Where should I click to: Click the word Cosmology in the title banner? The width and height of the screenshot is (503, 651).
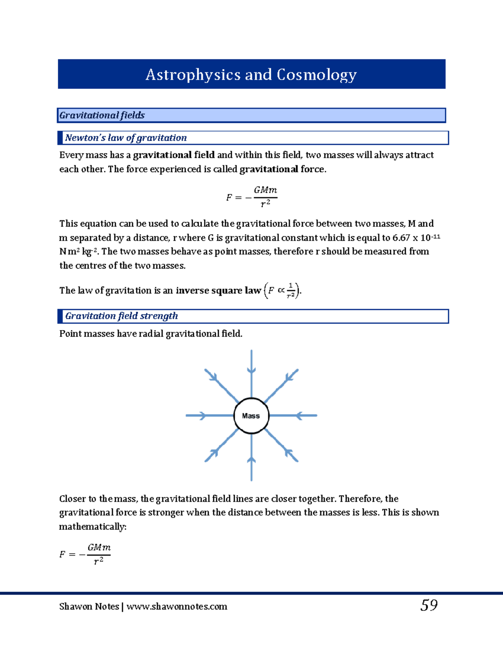[x=316, y=75]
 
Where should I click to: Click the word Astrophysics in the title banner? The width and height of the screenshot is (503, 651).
[x=193, y=75]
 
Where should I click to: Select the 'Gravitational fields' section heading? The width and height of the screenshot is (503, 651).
[x=102, y=115]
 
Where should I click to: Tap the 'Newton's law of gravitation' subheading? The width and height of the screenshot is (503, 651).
[x=126, y=138]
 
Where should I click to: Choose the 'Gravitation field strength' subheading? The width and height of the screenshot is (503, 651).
[x=122, y=316]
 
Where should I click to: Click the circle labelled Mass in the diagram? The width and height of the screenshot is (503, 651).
[x=251, y=415]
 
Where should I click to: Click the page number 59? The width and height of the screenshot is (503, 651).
[x=429, y=605]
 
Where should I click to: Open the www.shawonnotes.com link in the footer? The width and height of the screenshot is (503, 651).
[x=176, y=607]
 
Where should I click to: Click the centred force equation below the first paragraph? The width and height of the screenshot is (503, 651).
[x=251, y=197]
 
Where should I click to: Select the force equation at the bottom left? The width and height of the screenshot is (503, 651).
[x=85, y=554]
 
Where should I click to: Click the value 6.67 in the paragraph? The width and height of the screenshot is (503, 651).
[x=401, y=238]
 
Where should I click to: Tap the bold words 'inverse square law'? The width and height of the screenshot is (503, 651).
[x=218, y=290]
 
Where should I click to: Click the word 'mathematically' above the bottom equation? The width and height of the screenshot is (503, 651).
[x=92, y=527]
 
